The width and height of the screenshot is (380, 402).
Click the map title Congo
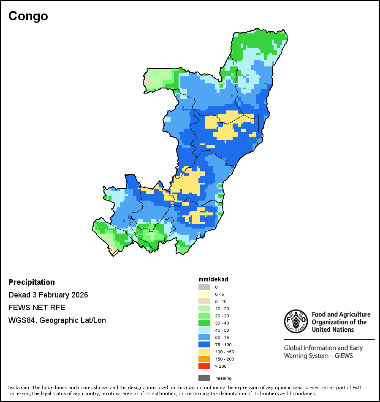tap(28, 16)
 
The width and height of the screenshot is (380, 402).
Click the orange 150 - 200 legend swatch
tap(204, 359)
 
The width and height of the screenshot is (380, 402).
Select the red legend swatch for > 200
tap(204, 366)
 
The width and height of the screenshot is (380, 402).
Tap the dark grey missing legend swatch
tap(204, 378)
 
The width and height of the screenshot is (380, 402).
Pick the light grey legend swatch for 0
tap(204, 287)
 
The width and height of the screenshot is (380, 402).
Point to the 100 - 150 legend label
tap(224, 352)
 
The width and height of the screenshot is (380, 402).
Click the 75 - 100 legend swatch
tap(204, 344)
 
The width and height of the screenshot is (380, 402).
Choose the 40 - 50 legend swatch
tap(204, 330)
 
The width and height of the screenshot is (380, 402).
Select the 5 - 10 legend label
tap(221, 301)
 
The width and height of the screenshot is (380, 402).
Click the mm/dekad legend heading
tap(213, 279)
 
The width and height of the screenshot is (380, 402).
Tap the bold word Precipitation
tap(32, 282)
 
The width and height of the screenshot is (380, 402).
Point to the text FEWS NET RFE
tap(37, 308)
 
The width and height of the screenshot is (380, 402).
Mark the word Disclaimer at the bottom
tap(18, 388)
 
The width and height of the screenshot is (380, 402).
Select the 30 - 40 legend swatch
tap(204, 323)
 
